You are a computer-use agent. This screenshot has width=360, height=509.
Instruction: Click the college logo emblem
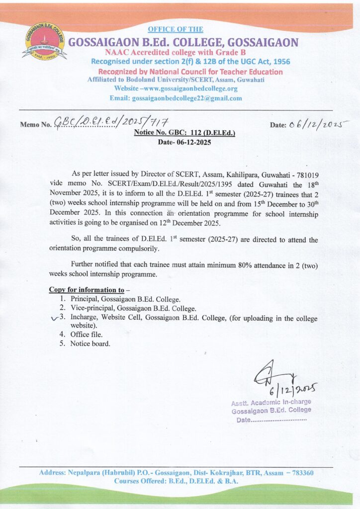[44, 42]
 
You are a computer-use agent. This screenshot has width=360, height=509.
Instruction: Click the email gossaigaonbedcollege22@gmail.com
[186, 98]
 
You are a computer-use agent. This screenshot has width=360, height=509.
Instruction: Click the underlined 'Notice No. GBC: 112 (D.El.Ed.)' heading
[184, 133]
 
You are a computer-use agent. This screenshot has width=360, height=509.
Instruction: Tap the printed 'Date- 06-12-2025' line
[184, 142]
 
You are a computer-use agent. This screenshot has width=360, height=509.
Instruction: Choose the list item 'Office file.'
[86, 335]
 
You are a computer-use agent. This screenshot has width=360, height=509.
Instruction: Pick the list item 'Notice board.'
[90, 343]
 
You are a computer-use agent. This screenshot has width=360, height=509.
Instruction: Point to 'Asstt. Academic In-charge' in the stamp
[271, 402]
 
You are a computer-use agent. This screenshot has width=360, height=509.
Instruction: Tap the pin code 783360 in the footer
[301, 472]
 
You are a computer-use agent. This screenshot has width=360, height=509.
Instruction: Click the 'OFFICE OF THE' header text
[176, 29]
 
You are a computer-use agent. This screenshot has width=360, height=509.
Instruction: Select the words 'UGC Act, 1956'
[262, 61]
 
